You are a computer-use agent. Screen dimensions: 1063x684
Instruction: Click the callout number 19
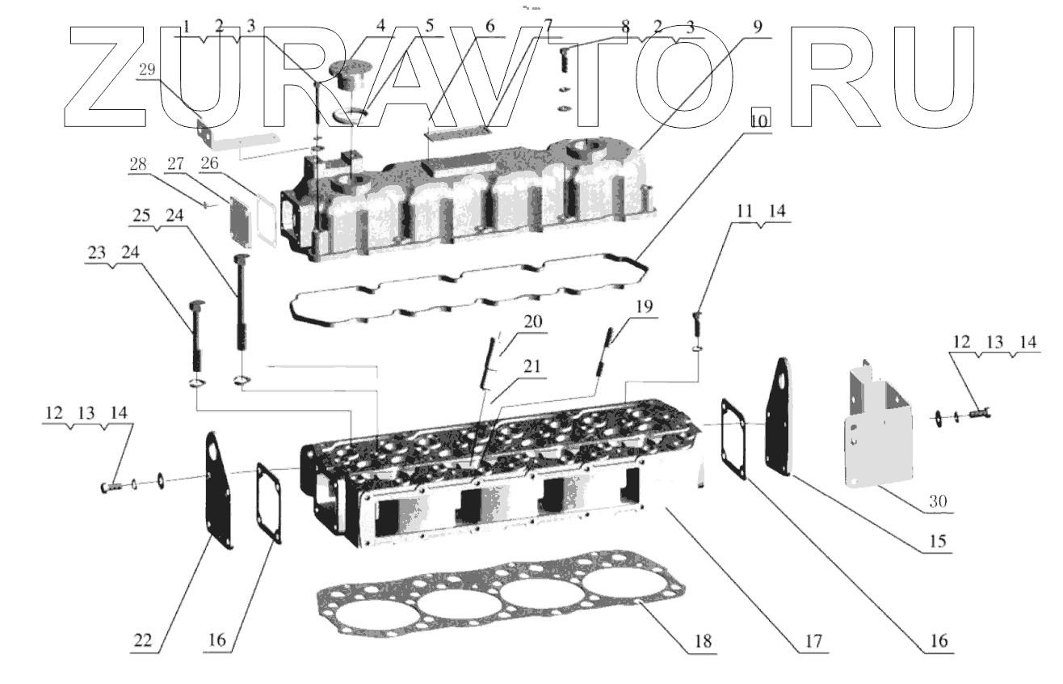tap(641, 306)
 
